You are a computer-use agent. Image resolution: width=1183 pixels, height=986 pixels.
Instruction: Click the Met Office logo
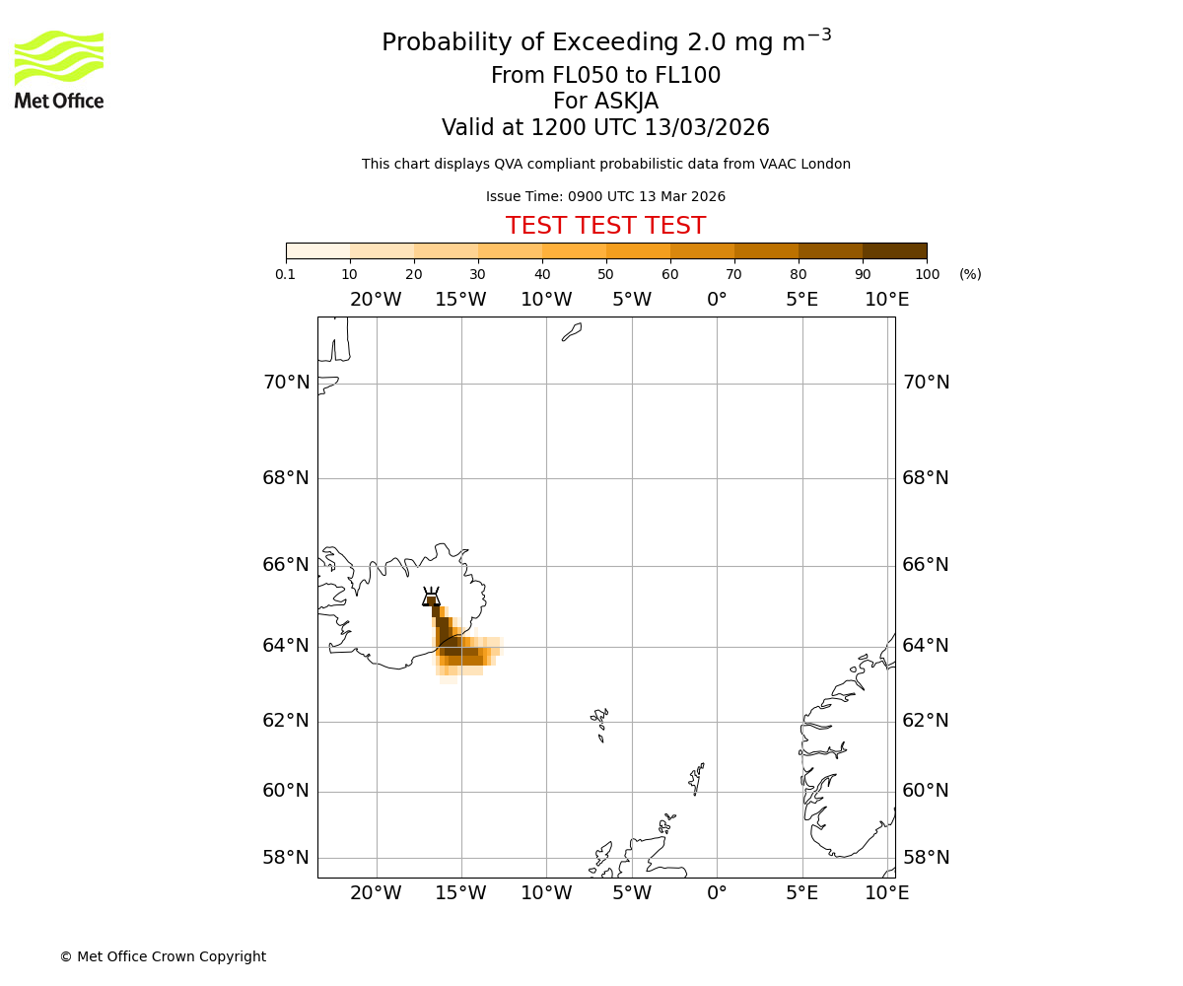tap(59, 69)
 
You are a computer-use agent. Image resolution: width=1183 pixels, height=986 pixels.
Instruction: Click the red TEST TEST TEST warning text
tap(605, 226)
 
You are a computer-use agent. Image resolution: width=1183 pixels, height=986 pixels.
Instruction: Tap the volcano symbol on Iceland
tap(431, 597)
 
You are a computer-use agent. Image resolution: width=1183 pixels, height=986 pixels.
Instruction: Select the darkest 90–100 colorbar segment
tap(894, 250)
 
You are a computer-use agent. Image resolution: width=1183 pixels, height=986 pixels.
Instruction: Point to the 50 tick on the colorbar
tap(605, 274)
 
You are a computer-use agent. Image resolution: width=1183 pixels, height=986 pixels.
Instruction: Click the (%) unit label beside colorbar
tap(970, 274)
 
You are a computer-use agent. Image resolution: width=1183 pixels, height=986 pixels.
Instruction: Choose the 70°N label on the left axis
tap(286, 383)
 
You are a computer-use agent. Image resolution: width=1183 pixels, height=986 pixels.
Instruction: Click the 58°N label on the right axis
tap(926, 857)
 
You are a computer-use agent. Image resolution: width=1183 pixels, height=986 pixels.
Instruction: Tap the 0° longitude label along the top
tap(717, 300)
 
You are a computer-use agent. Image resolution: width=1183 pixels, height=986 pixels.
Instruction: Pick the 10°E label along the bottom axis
tap(886, 893)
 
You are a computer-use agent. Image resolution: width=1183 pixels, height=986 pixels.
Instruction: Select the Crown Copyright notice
tap(163, 956)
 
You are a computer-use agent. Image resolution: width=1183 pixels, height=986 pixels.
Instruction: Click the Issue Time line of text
tap(605, 196)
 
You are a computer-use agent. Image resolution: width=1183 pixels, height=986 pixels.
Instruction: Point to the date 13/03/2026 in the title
tap(707, 128)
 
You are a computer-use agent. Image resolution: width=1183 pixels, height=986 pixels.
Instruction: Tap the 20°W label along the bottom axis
tap(376, 893)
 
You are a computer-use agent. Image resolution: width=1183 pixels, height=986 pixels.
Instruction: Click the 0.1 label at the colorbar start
tap(286, 274)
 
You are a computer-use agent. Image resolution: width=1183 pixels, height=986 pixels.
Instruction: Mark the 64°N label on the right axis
tap(926, 645)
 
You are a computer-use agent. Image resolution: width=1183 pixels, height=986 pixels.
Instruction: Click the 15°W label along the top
tap(460, 300)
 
